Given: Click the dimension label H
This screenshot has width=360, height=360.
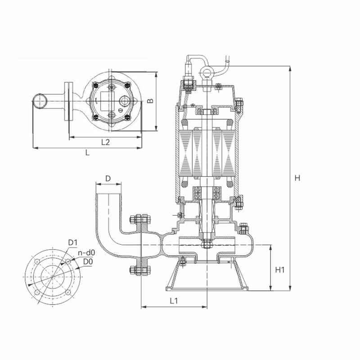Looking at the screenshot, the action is (297, 178).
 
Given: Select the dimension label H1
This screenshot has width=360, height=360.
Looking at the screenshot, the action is (280, 270).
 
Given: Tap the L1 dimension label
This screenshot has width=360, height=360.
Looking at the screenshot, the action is (174, 301).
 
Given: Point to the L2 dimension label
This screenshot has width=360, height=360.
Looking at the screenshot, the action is (105, 142).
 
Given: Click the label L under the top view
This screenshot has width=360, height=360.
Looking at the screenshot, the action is (87, 153).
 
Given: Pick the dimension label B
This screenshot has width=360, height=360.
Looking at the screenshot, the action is (150, 100).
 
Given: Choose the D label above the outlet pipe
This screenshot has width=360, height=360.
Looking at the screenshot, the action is (108, 178).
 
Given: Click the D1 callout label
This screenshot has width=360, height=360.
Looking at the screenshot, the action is (73, 243).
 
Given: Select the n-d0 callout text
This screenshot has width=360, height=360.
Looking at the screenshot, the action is (86, 253).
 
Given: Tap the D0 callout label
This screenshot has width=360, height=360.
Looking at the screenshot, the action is (88, 261).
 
